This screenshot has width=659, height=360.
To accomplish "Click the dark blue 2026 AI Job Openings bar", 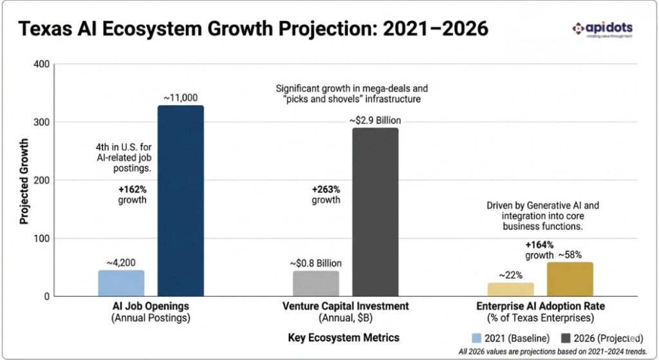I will click(180, 200).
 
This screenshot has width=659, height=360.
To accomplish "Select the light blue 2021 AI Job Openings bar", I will click(122, 283).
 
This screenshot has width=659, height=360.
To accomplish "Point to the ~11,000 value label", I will click(180, 97).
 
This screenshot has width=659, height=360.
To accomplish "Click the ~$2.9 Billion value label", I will click(375, 120).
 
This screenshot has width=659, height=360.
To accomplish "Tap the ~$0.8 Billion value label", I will click(315, 263).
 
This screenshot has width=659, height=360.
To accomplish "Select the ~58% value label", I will click(570, 254).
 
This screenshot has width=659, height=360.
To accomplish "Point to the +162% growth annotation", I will click(131, 194).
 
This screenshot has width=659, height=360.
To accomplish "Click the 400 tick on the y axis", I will click(41, 64).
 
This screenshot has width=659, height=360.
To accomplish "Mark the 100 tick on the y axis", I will click(41, 238).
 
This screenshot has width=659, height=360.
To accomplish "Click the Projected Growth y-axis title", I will click(24, 180).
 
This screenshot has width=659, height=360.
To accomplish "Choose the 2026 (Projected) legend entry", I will click(601, 337).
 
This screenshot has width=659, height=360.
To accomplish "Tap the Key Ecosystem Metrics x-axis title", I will click(344, 337).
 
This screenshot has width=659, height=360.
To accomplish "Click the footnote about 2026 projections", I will click(552, 352).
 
